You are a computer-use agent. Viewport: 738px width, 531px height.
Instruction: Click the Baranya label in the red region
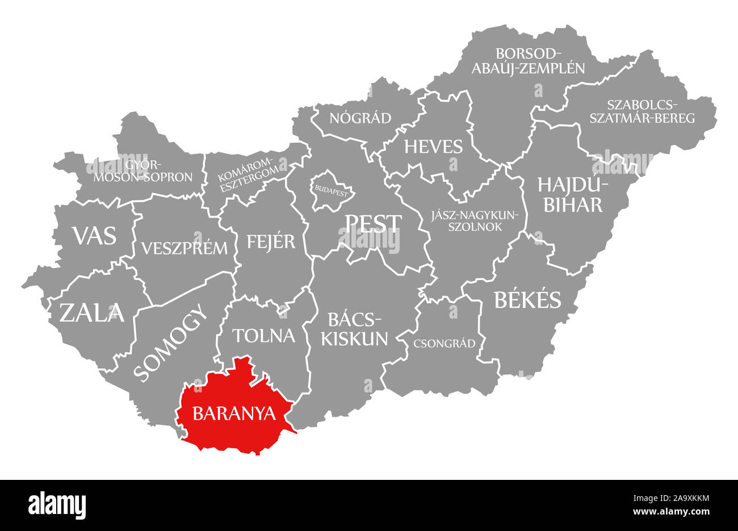(234, 413)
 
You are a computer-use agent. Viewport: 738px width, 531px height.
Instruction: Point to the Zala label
(91, 312)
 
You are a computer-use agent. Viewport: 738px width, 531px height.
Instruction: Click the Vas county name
(94, 235)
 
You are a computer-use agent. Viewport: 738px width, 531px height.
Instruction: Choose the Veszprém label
(184, 248)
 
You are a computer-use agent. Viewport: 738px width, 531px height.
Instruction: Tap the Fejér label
(271, 241)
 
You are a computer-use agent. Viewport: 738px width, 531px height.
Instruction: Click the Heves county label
(433, 147)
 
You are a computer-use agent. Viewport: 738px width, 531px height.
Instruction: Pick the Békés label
(527, 299)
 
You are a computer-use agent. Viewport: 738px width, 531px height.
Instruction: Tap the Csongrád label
(445, 343)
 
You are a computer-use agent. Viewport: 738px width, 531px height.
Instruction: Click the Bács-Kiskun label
(354, 329)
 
